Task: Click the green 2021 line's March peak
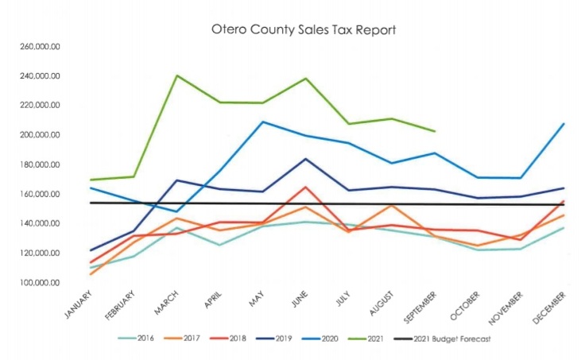click(176, 75)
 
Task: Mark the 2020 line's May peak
click(263, 122)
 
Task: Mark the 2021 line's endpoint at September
click(435, 131)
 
